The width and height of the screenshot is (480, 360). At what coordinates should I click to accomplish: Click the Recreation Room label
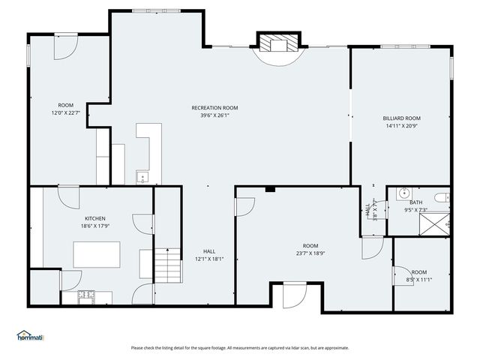pos(214,108)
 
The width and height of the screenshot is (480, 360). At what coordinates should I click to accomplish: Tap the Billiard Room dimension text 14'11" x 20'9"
pos(401,126)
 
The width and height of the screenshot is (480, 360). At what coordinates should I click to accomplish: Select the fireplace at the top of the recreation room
pos(278,45)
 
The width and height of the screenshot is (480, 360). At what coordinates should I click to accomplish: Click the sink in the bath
pos(402,193)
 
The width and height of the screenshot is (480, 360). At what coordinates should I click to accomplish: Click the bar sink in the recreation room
pos(142,178)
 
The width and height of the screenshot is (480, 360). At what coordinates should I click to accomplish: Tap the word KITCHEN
pos(94,218)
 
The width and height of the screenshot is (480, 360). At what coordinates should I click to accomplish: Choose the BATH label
pos(416,202)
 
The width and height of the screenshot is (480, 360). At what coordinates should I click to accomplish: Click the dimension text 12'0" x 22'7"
pos(66,113)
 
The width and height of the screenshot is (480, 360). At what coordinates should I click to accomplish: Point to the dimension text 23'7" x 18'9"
pos(310,253)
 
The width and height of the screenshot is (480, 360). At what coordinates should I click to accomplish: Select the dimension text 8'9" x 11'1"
pos(418,280)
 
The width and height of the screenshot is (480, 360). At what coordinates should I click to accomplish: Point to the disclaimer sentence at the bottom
pos(239,347)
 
